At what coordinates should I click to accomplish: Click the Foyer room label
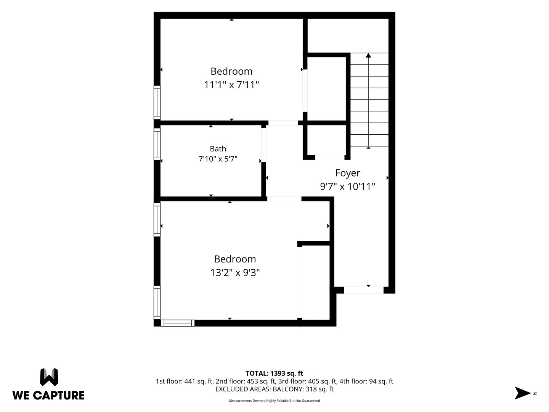coord(347,173)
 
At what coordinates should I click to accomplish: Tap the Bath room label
coord(218,149)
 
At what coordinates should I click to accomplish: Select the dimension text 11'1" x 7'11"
coord(231,85)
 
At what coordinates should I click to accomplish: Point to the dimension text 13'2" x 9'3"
coord(235,273)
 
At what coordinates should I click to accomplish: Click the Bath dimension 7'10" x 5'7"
coord(218,159)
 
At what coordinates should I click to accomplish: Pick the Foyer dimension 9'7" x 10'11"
coord(348,187)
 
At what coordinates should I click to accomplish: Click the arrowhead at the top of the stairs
coord(368,55)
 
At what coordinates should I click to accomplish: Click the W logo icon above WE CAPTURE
coord(49,377)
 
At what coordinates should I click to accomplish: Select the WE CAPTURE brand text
coord(48,396)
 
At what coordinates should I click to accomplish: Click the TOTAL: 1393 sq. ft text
coord(274,373)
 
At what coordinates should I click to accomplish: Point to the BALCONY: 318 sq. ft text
coord(303,389)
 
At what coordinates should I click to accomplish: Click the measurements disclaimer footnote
coord(274,401)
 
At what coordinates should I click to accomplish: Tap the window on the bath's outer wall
coord(157,144)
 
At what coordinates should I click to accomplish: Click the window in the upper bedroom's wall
coord(157,103)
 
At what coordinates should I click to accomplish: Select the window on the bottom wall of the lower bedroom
coord(178,323)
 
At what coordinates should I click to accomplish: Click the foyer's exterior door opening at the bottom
coord(364,290)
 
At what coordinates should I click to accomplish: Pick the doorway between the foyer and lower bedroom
coord(284,199)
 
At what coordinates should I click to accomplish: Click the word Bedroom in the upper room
coord(231,72)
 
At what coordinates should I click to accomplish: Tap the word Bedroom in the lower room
coord(235,259)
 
